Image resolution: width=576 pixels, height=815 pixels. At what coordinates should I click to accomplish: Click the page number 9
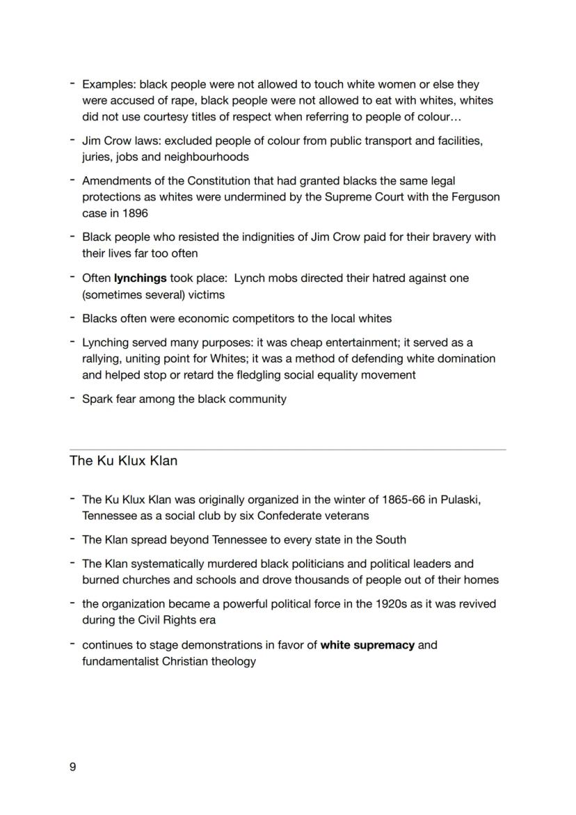(x=73, y=767)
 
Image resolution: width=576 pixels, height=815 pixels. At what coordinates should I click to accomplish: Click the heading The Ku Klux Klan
(x=123, y=461)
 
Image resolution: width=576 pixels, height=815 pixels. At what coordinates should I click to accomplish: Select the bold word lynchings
(x=140, y=278)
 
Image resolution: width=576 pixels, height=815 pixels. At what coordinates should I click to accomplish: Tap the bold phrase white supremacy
(x=367, y=644)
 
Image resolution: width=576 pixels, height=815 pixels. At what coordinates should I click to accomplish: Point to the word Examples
(x=108, y=84)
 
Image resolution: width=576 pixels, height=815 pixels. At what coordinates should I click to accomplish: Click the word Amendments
(x=115, y=181)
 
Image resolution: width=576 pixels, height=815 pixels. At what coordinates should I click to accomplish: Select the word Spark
(x=97, y=399)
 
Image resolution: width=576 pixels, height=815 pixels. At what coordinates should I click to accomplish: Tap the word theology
(x=232, y=661)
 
